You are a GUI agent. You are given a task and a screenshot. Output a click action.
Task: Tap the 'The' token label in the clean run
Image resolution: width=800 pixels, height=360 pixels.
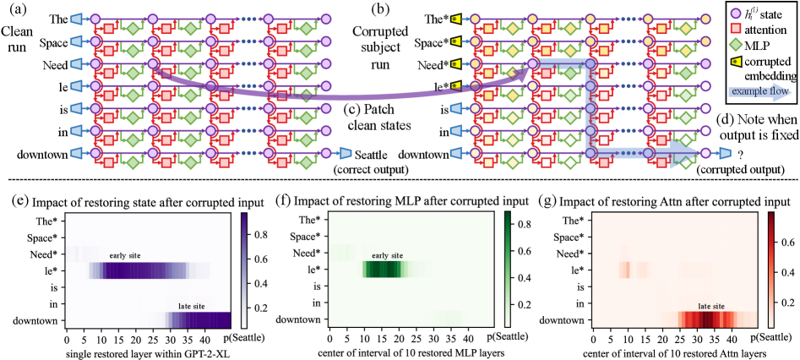(52, 18)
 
